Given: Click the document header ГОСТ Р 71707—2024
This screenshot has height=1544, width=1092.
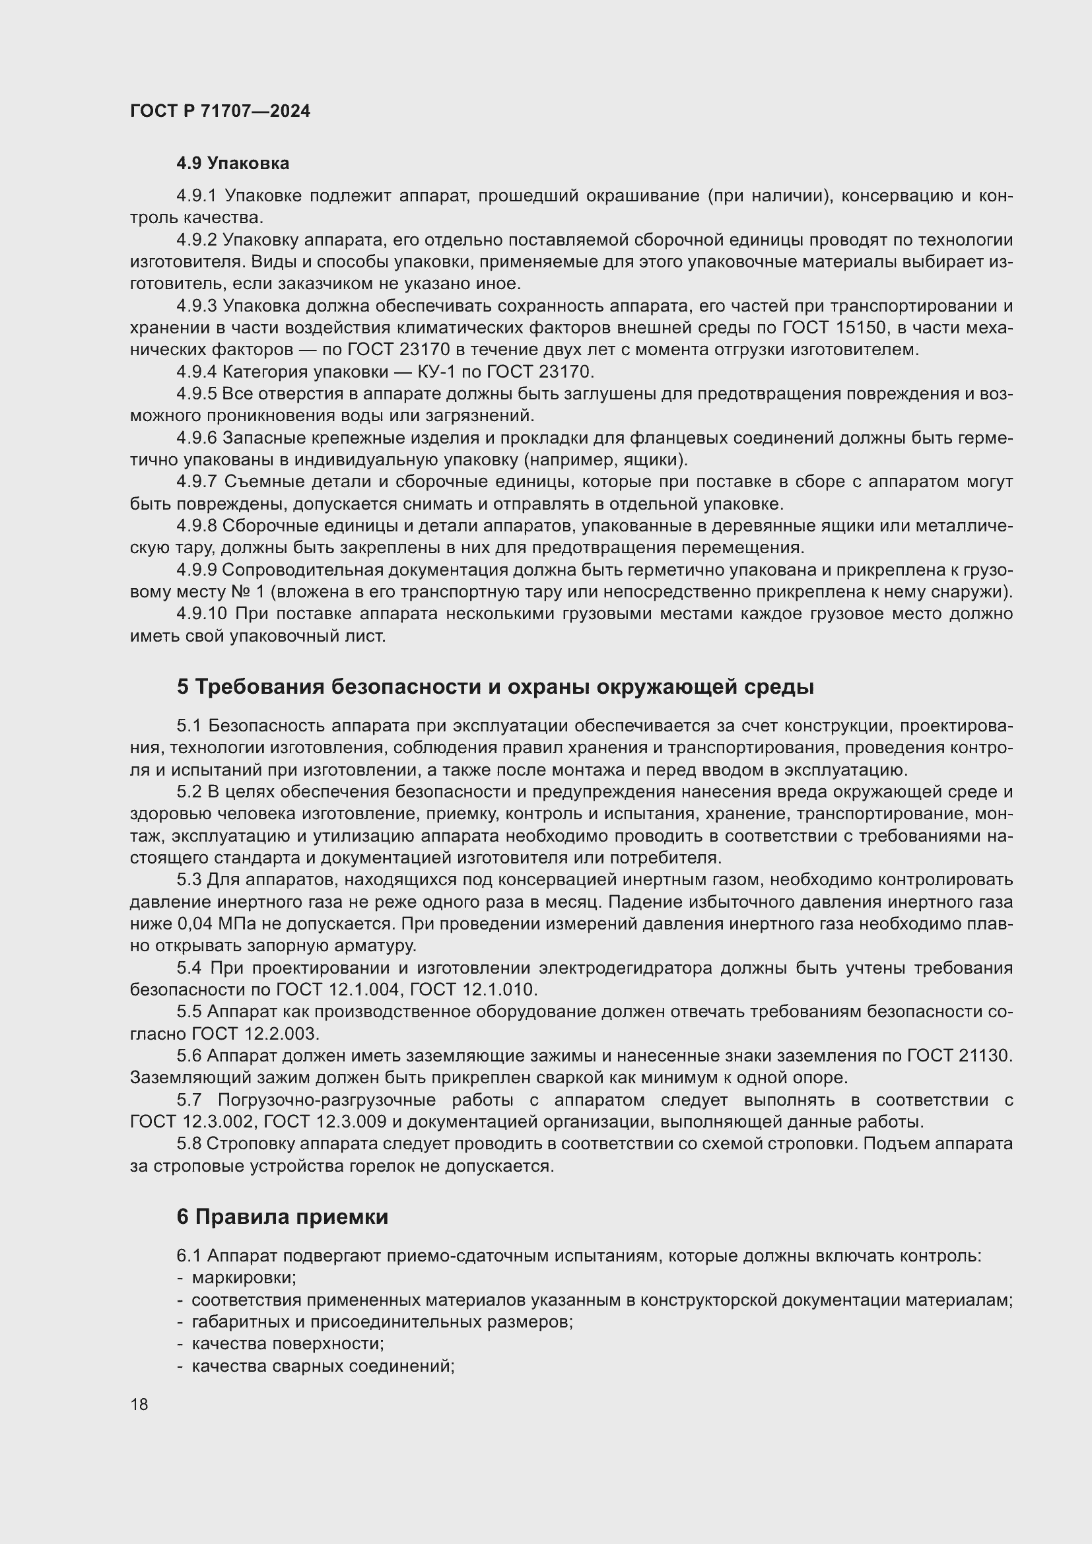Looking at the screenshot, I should click(220, 111).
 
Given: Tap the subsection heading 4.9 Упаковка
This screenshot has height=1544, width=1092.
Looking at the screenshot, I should click(232, 164).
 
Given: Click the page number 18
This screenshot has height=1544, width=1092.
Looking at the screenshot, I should click(139, 1404).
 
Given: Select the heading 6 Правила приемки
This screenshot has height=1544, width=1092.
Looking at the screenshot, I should click(283, 1217).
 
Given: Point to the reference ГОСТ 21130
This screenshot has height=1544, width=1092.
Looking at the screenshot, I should click(958, 1056).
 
